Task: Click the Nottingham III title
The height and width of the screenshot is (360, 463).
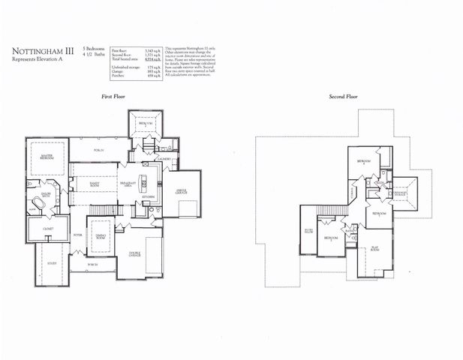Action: click(x=42, y=52)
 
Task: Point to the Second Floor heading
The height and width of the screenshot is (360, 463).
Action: click(x=343, y=97)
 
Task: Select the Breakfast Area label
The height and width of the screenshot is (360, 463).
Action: click(x=130, y=184)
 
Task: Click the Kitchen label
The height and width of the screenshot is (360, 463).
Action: click(x=149, y=196)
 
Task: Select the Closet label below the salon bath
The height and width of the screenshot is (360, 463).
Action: click(x=47, y=228)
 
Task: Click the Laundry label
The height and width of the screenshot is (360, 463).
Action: click(x=164, y=159)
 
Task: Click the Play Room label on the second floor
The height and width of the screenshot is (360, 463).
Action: click(x=373, y=248)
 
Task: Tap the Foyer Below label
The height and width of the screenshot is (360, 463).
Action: click(x=308, y=231)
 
